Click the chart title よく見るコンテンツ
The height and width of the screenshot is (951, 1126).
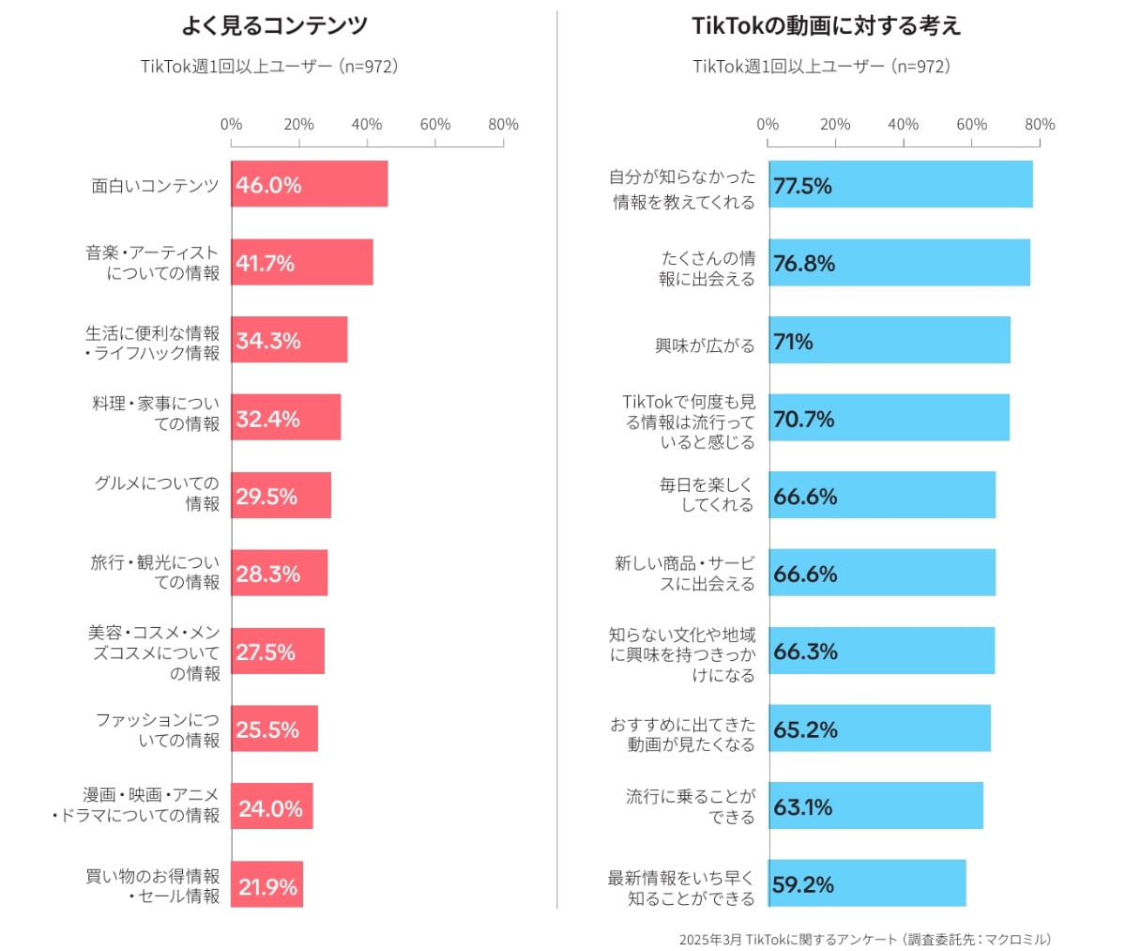tap(274, 26)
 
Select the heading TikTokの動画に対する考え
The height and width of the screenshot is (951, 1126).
tap(826, 26)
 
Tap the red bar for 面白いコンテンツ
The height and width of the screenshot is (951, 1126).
tap(310, 184)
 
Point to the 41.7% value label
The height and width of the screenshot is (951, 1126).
tap(266, 264)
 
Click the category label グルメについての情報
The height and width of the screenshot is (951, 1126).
tap(157, 494)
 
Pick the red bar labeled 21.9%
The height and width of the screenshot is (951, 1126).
tap(267, 884)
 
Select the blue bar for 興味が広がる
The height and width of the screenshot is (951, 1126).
tap(890, 341)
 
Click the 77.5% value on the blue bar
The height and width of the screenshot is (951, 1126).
tap(802, 186)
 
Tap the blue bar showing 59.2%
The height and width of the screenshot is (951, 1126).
tap(867, 883)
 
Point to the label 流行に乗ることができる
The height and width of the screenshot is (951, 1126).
tap(690, 806)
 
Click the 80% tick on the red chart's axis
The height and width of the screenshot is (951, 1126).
tap(503, 124)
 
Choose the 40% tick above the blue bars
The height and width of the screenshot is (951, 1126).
tap(904, 124)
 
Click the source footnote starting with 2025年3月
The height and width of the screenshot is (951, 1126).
tap(865, 939)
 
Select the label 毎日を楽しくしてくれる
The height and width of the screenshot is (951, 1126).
tap(706, 495)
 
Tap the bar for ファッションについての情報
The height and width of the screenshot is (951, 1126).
tap(275, 729)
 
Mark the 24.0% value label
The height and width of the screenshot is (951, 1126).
tap(270, 808)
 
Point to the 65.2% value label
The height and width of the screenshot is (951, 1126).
tap(805, 729)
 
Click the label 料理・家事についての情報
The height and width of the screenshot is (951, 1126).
tap(156, 413)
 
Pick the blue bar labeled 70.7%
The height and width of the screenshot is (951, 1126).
tap(889, 418)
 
